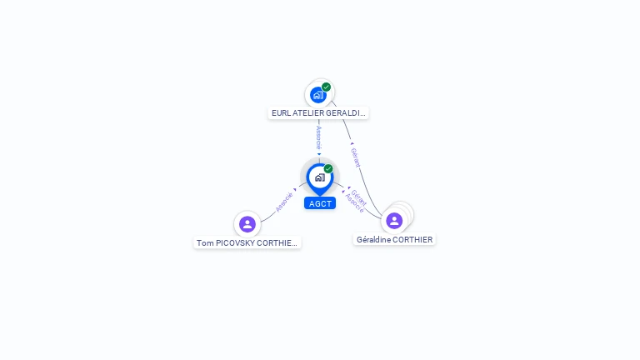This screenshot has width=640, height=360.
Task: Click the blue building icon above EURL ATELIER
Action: [x=317, y=95]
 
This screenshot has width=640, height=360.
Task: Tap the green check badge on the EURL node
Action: [x=326, y=87]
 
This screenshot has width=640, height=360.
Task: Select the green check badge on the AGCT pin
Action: [x=328, y=169]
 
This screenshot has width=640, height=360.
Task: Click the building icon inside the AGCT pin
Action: [x=319, y=177]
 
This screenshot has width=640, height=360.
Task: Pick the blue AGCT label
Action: [x=320, y=203]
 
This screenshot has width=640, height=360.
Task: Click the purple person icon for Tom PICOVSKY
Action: [x=247, y=223]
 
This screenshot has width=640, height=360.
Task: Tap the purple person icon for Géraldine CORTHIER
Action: [x=394, y=220]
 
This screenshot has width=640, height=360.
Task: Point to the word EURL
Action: [x=280, y=112]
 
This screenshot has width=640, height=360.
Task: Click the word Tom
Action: [x=203, y=243]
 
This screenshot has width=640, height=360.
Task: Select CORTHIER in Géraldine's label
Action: [x=412, y=239]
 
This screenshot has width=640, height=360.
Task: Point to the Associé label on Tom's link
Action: [x=284, y=201]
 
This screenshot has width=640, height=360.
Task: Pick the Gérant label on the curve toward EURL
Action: [x=356, y=157]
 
